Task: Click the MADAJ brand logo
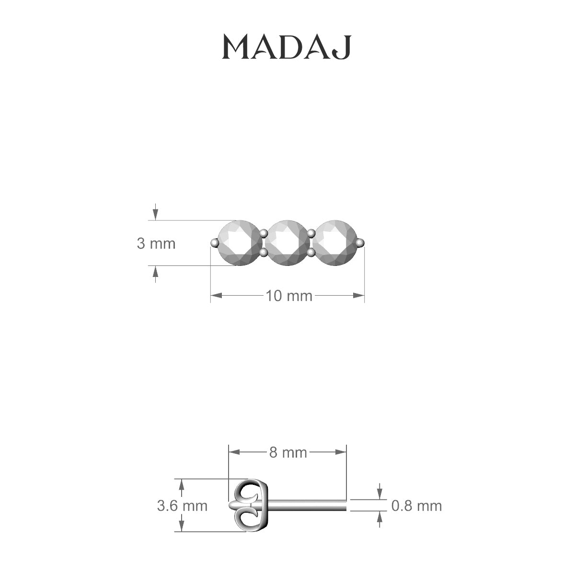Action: (287, 47)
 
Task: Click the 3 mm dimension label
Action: (156, 243)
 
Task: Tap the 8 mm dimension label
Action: (287, 452)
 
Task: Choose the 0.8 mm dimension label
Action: (416, 506)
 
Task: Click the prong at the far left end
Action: (214, 243)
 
